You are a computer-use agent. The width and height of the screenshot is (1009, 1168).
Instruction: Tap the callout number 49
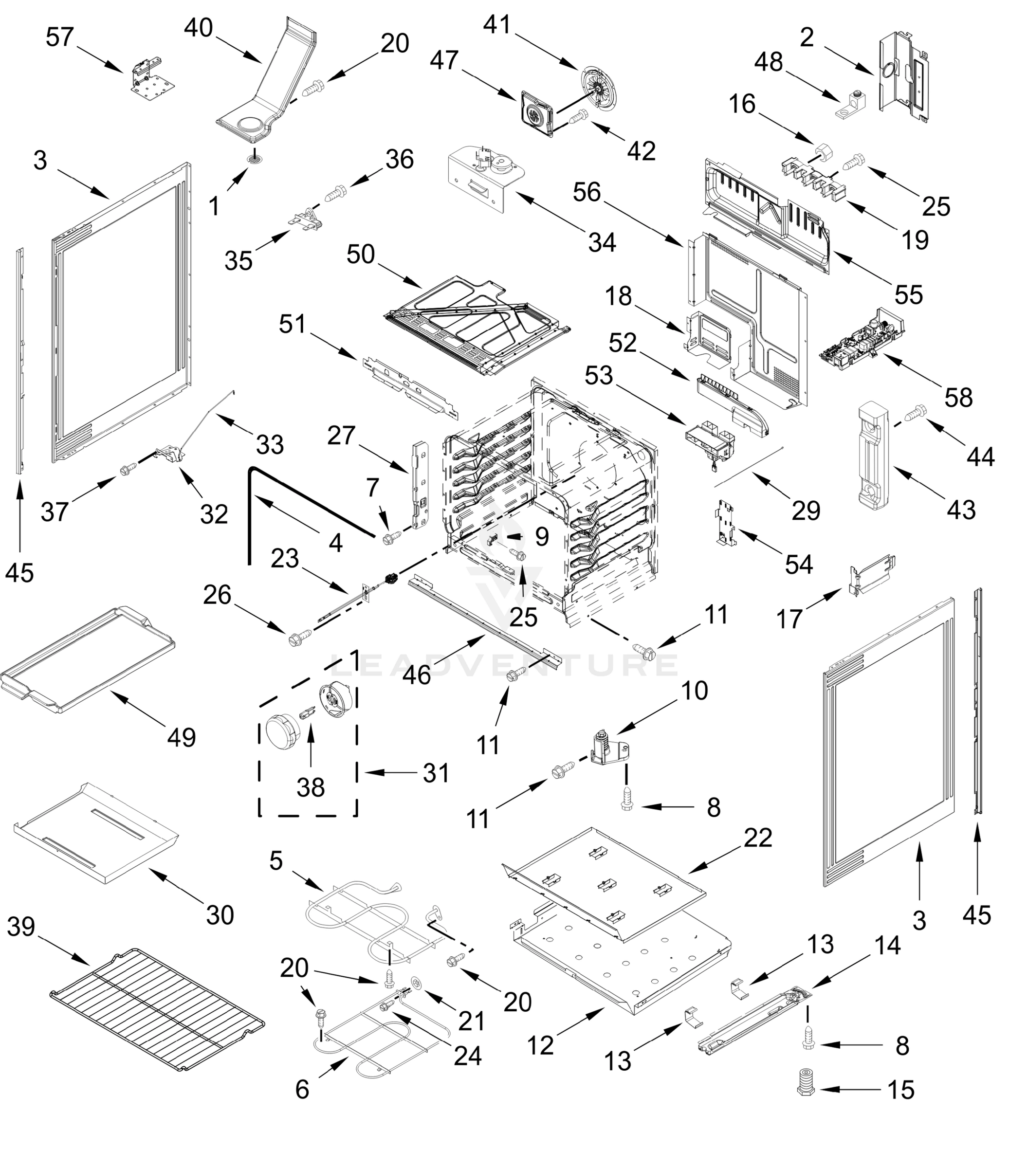click(182, 737)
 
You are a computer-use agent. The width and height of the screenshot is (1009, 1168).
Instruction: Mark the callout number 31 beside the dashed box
click(436, 773)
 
